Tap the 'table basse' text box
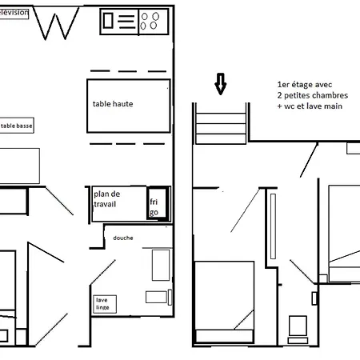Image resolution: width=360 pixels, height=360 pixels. tap(18, 126)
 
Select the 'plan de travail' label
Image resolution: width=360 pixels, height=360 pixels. tap(106, 200)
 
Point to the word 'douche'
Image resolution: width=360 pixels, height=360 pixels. tap(123, 238)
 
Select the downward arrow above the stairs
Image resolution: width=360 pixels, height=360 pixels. tap(221, 82)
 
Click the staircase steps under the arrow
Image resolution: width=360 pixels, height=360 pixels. tap(221, 126)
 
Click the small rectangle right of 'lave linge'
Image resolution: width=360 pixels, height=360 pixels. tap(154, 298)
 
